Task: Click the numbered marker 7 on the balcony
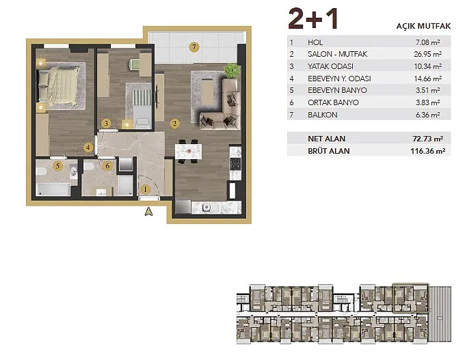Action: point(194,47)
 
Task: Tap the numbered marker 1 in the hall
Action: point(146,189)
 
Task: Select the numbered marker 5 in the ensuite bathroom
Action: point(58,166)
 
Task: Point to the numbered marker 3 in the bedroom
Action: point(106,123)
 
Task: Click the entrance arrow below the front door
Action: point(148,212)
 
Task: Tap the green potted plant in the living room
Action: point(232,71)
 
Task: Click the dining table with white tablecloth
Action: point(188,151)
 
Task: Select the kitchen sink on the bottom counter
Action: point(206,208)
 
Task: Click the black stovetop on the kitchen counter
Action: point(235,164)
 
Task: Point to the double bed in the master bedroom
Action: point(59,87)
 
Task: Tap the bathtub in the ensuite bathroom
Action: point(53,190)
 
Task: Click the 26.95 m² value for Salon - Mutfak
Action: point(428,54)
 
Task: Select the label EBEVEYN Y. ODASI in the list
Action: point(339,79)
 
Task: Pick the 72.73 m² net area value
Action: point(428,139)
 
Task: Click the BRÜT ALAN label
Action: point(329,151)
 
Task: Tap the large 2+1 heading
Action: point(313,18)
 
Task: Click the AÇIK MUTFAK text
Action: point(423,26)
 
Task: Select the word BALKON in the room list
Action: point(323,115)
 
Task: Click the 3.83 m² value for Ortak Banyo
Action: point(428,102)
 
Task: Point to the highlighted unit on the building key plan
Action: point(411,298)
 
